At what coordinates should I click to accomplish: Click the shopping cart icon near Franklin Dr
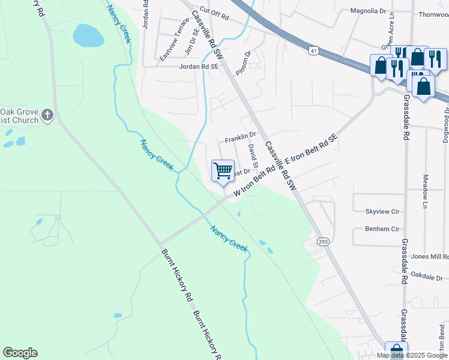pyautogui.click(x=223, y=171)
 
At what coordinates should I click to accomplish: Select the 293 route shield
pyautogui.click(x=322, y=241)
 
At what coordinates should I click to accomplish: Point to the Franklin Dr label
pyautogui.click(x=240, y=139)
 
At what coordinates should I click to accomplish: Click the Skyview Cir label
pyautogui.click(x=382, y=212)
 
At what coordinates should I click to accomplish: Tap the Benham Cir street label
pyautogui.click(x=382, y=229)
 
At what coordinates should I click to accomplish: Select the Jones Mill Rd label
pyautogui.click(x=430, y=257)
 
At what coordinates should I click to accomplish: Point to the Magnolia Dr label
pyautogui.click(x=368, y=11)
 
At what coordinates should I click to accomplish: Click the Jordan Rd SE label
pyautogui.click(x=198, y=67)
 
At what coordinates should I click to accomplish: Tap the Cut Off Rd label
pyautogui.click(x=214, y=11)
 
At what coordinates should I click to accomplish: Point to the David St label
pyautogui.click(x=253, y=155)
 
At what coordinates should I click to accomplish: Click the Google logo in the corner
pyautogui.click(x=20, y=353)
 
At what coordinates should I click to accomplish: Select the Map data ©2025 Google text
pyautogui.click(x=412, y=355)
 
